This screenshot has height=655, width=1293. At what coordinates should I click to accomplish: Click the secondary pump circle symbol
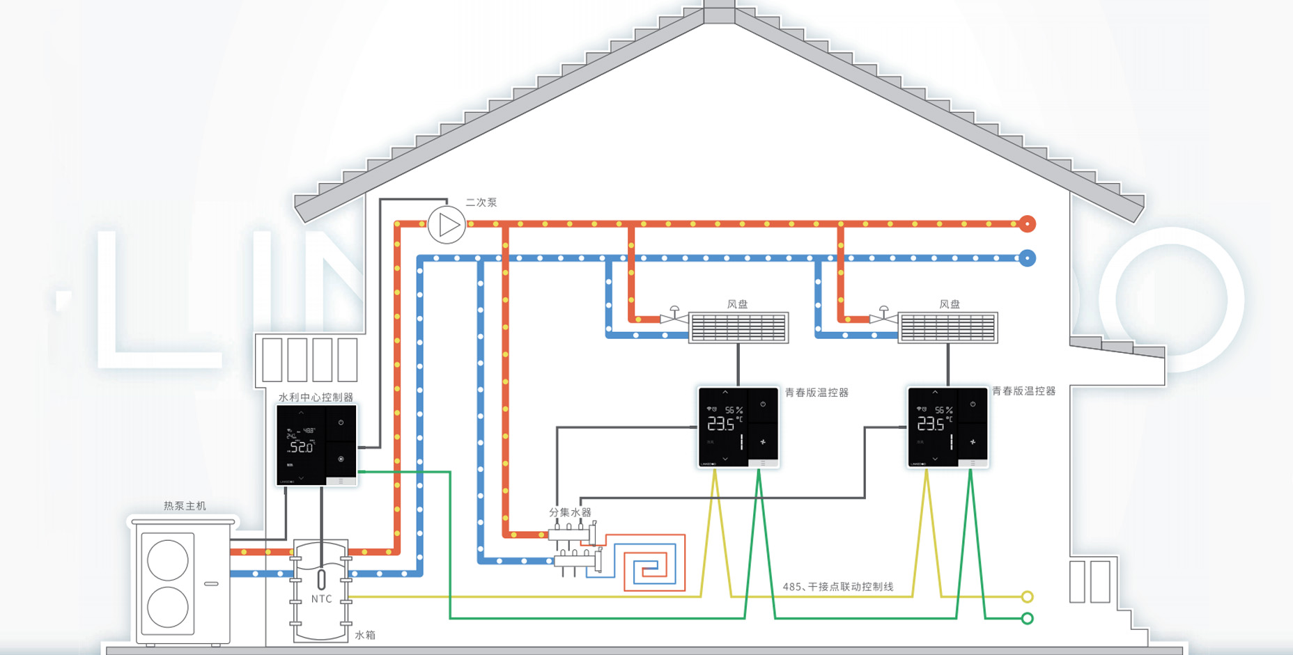[447, 225]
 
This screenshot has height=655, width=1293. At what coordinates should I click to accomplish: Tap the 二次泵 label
[481, 203]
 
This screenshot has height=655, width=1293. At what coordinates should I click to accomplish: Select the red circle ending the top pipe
[1027, 223]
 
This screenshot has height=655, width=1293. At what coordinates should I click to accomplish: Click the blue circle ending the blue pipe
[1027, 258]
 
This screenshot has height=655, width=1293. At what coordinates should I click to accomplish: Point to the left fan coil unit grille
[738, 327]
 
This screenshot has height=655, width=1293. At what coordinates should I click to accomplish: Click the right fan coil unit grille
[948, 327]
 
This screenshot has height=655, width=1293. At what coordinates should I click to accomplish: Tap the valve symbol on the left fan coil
[674, 317]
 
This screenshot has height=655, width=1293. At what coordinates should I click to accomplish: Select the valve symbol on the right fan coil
[883, 317]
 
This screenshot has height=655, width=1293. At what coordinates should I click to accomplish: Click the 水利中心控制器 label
[316, 397]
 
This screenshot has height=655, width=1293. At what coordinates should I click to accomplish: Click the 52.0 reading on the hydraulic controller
[302, 448]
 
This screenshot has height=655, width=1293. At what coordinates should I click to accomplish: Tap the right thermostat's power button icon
[973, 404]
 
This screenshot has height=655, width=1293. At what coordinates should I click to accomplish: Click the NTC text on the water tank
[321, 599]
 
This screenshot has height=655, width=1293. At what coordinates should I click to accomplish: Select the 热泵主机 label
[185, 506]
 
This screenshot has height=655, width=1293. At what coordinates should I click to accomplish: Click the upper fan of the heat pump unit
[168, 560]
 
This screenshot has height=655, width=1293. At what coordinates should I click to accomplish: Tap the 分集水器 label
[570, 512]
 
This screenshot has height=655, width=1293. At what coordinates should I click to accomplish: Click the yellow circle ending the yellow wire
[1027, 597]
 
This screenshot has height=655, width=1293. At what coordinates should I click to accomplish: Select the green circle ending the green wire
[1027, 618]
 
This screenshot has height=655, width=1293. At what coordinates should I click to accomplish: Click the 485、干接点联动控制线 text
[837, 587]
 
